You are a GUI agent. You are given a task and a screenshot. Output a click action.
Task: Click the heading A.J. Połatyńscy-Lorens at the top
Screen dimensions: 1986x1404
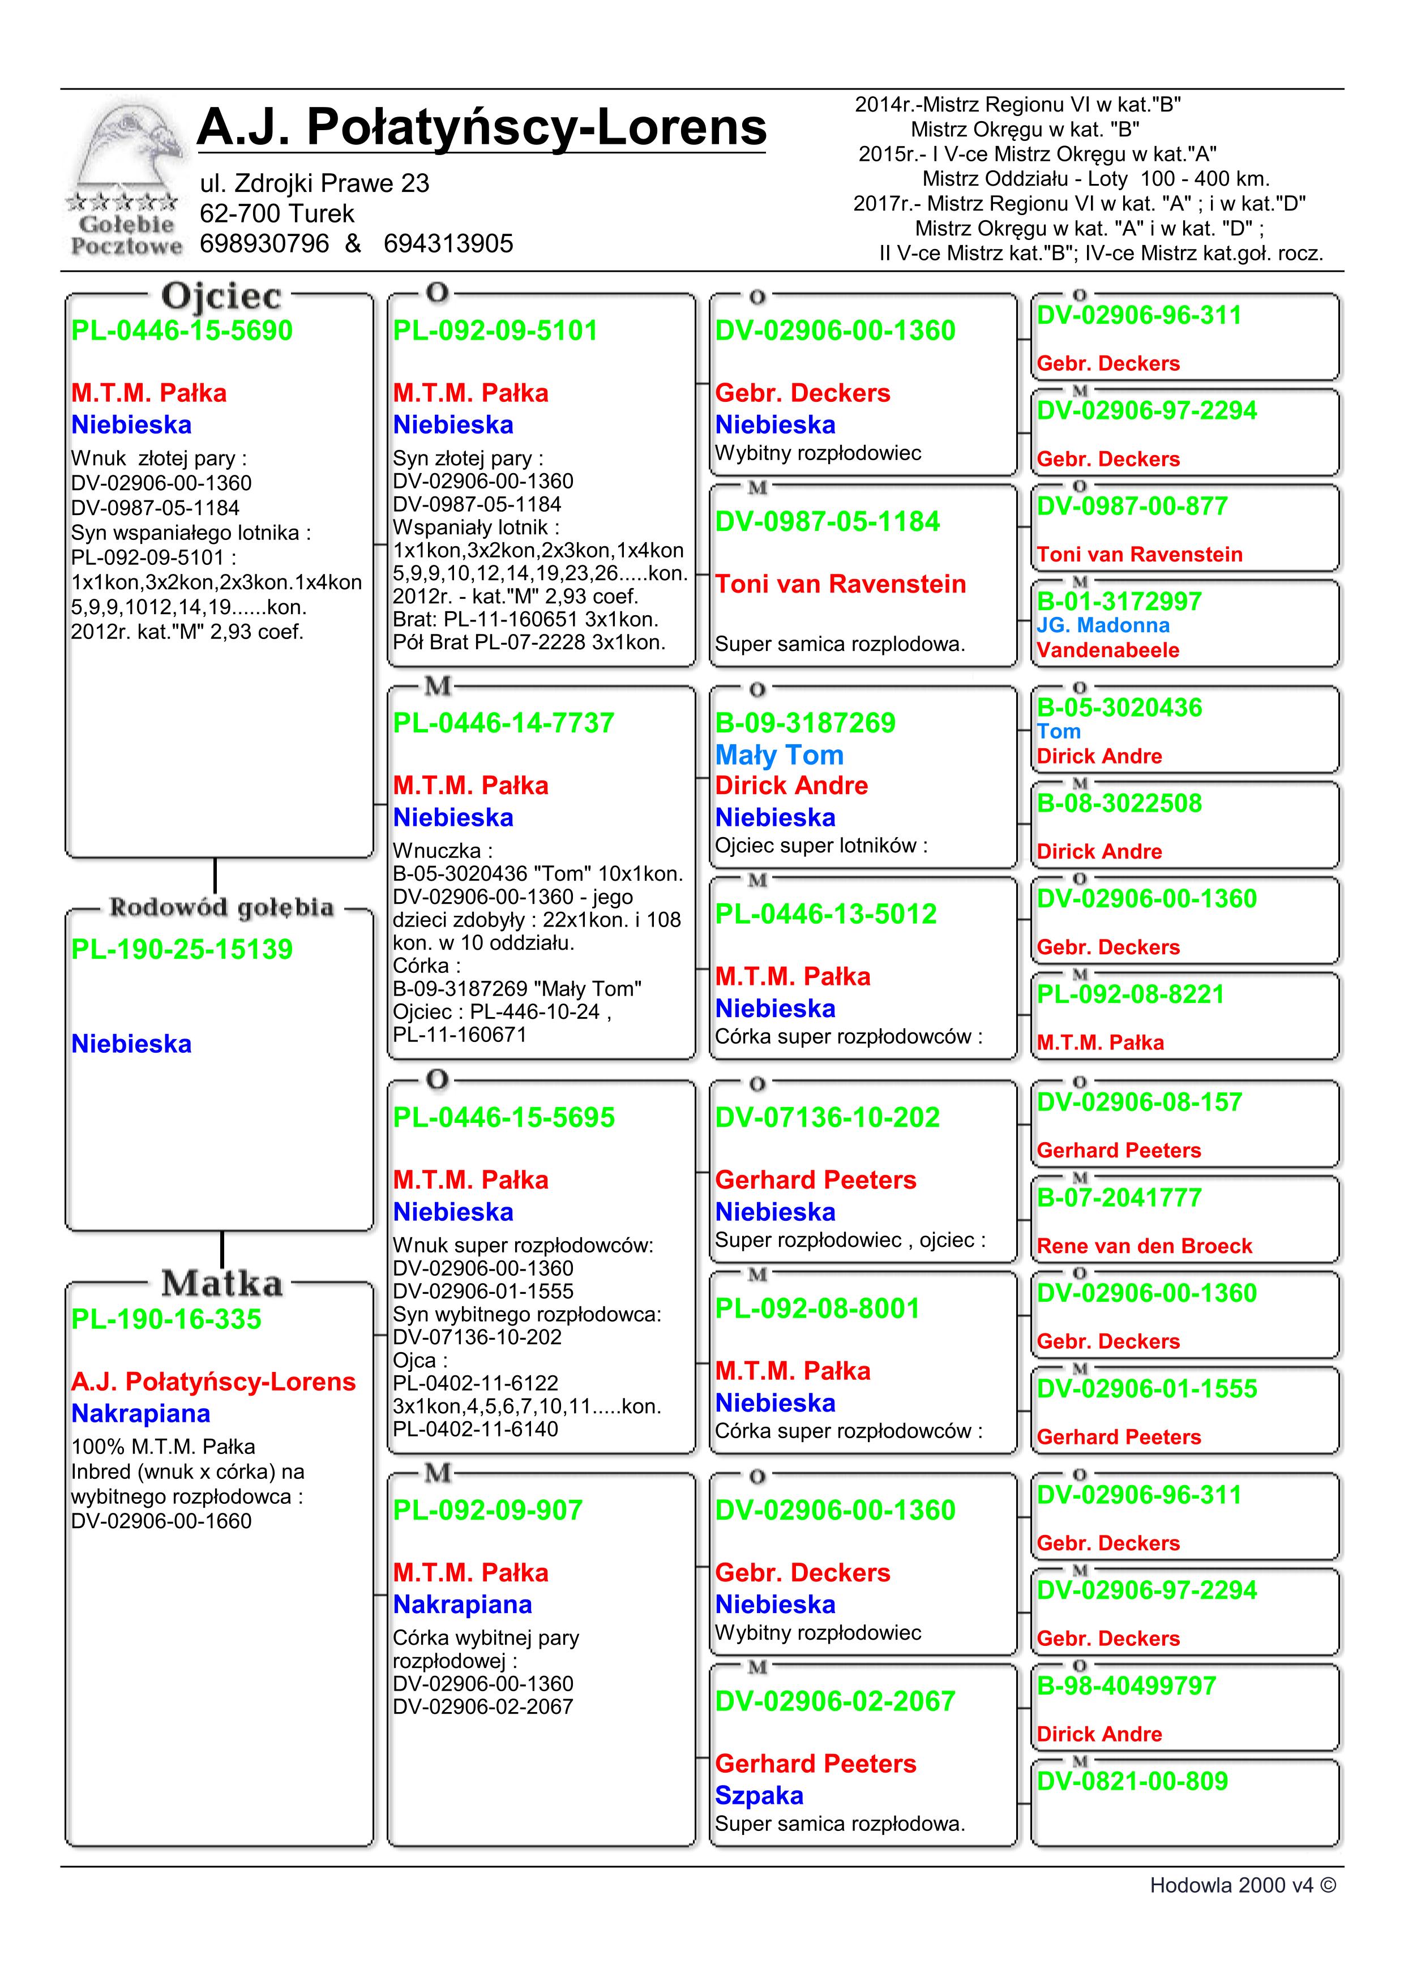coord(481,127)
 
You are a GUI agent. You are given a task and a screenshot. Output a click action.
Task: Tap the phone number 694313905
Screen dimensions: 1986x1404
coord(448,244)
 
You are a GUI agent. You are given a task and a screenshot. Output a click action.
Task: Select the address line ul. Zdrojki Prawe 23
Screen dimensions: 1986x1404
coord(314,183)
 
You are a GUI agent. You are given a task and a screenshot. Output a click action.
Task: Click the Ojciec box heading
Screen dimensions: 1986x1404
coord(221,296)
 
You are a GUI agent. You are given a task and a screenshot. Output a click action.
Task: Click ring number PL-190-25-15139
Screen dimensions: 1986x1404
coord(182,950)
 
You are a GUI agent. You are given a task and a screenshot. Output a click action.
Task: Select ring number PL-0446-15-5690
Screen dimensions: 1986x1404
coord(182,331)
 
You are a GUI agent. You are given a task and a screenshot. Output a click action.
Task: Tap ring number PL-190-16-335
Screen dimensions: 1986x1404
coord(166,1319)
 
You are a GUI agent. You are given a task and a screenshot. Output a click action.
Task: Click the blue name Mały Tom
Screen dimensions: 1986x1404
coord(778,755)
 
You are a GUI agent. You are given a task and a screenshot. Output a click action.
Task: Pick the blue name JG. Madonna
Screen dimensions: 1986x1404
coord(1103,625)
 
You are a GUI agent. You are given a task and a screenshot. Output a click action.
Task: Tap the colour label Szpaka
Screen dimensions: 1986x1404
coord(759,1796)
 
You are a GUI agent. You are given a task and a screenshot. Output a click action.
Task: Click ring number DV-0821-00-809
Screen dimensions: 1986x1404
coord(1132,1781)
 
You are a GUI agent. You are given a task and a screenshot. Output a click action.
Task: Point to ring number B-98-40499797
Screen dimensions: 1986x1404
coord(1127,1686)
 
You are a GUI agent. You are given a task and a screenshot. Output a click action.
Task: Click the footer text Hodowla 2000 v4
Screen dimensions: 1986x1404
coord(1242,1886)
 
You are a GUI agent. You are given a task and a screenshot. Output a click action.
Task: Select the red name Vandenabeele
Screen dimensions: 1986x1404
coord(1107,650)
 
